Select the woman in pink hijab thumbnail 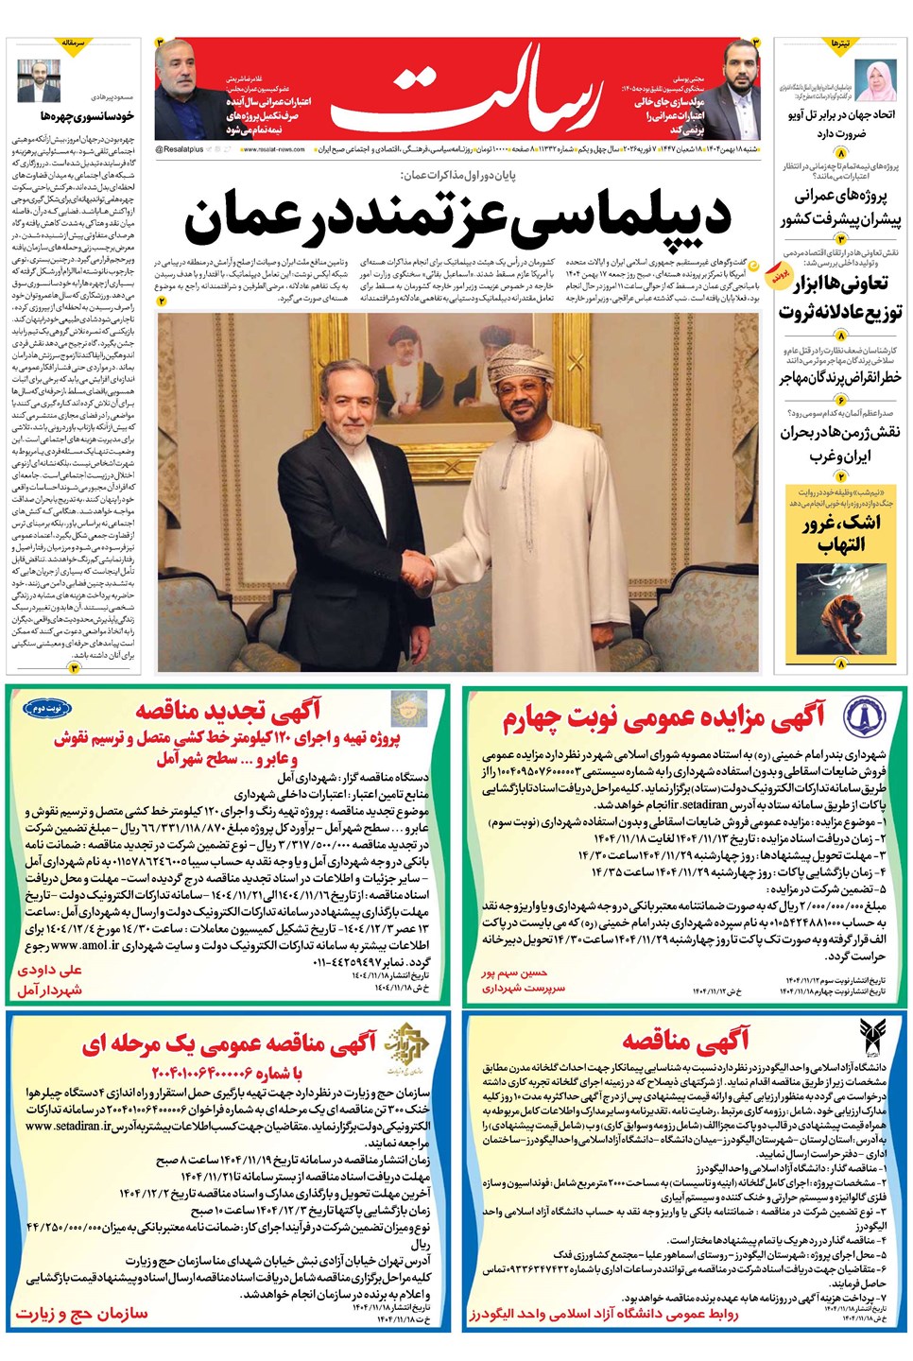point(875,81)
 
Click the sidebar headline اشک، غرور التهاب point(840,533)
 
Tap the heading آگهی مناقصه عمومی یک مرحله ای point(229,1043)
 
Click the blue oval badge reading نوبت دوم point(47,707)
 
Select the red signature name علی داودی point(50,970)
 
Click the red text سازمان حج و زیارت point(81,1314)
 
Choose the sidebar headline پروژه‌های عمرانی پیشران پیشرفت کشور point(840,207)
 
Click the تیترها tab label point(840,43)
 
